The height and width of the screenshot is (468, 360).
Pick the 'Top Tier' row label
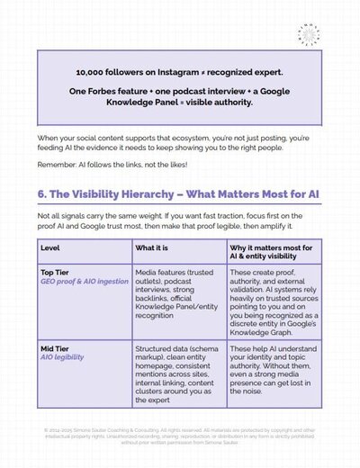coord(56,270)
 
